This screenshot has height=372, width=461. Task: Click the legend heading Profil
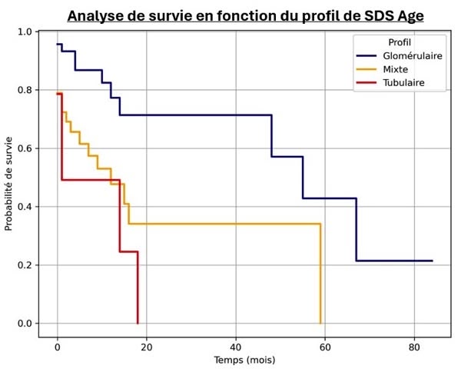tap(398, 42)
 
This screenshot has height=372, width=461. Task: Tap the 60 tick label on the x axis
tap(325, 347)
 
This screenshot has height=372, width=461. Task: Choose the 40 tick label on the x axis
tap(236, 347)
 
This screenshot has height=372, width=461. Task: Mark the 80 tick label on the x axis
tap(414, 347)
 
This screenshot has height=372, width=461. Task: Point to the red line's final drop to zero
tap(138, 287)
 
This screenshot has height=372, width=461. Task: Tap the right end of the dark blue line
tap(433, 261)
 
